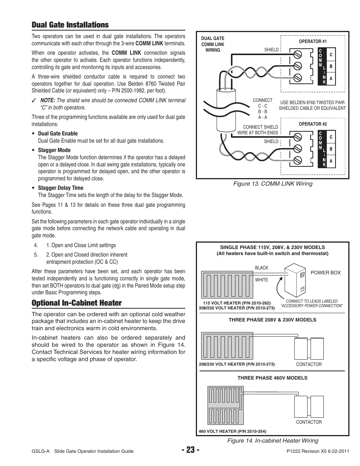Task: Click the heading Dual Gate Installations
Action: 70,25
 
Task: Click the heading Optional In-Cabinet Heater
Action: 77,303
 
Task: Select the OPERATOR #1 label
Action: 312,42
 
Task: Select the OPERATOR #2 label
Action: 312,124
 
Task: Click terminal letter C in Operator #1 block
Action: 331,55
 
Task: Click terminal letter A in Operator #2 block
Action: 331,161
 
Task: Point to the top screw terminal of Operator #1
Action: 297,54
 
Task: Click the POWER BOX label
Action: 325,273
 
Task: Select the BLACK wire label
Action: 262,268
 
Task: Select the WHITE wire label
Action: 262,280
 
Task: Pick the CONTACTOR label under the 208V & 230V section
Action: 309,364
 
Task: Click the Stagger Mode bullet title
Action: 54,150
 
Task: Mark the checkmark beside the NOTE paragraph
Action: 34,101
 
